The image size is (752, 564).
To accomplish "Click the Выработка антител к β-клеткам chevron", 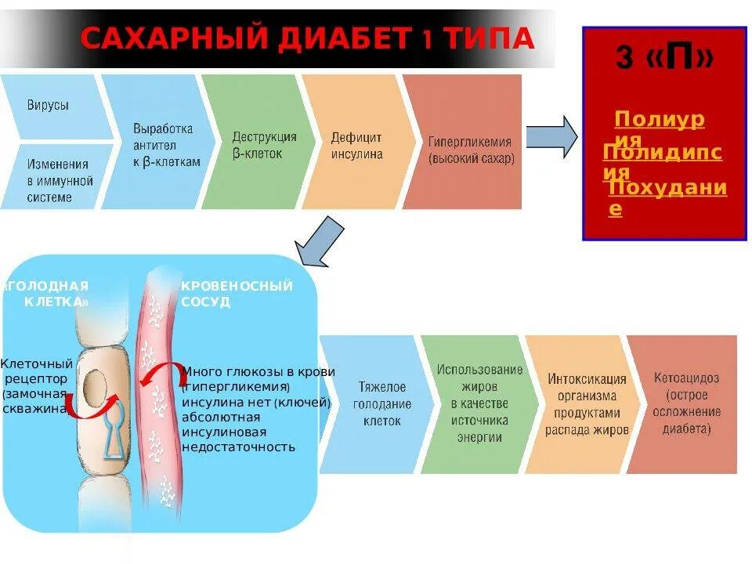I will pos(161,144).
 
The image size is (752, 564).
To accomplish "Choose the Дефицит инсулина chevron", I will pos(356,144).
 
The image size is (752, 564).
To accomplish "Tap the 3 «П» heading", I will pos(664,59).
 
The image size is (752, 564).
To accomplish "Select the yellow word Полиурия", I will pos(659,120).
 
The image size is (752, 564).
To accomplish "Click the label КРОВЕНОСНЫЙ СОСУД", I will pos(236,293).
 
